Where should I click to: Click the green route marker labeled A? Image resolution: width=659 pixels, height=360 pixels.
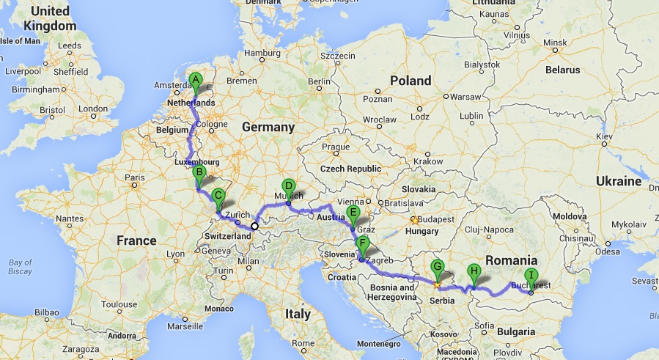195,81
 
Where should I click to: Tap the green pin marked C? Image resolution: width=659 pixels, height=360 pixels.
218,196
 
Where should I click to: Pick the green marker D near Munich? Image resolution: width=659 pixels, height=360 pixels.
288,186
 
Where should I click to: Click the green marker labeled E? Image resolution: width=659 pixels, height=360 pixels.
353,213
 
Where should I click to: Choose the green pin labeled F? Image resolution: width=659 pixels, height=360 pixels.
361,243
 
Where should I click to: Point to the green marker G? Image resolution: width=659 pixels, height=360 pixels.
438,268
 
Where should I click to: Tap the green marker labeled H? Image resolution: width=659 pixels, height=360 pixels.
474,271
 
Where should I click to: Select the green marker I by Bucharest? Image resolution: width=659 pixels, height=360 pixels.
531,276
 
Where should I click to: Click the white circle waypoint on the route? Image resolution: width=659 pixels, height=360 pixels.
254,226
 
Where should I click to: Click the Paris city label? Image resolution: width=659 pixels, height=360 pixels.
135,177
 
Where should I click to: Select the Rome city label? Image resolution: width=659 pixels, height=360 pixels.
302,342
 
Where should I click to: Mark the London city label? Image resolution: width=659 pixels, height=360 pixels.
92,109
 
